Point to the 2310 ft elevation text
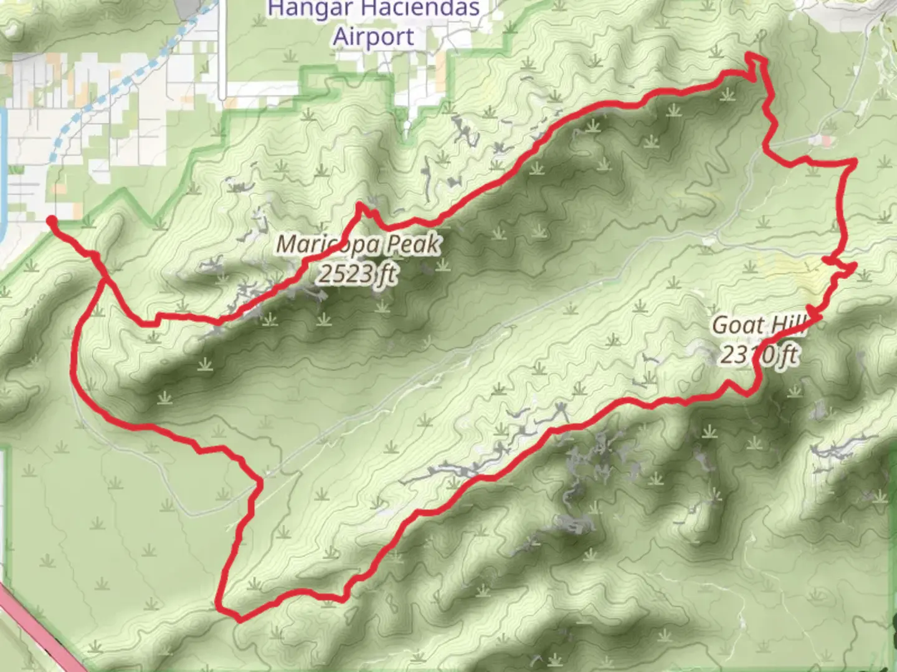(x=759, y=355)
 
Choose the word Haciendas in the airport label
(x=422, y=9)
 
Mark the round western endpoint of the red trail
(x=51, y=220)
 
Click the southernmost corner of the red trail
(x=240, y=619)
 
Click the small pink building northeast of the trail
(x=827, y=141)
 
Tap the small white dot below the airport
(x=407, y=126)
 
